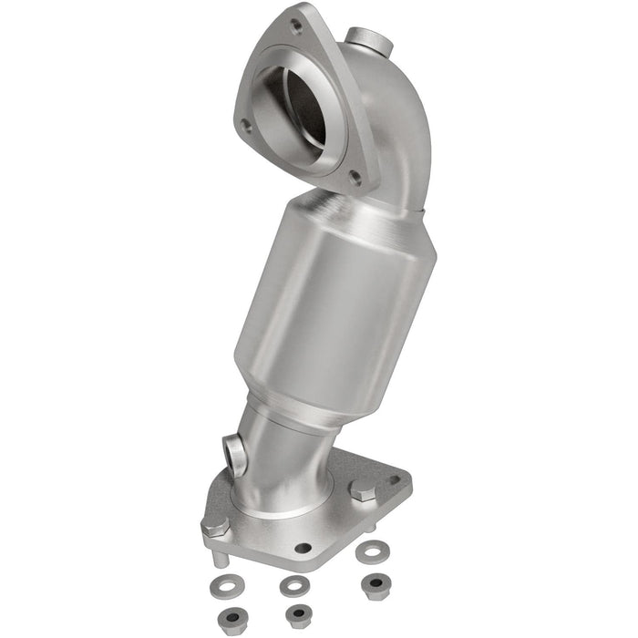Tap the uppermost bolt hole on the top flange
point(296,27)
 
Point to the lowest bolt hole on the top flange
point(355,179)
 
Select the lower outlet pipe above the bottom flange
point(283,456)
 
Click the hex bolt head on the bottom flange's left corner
point(215,527)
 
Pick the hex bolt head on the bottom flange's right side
point(362,490)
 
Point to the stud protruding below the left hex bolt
point(221,555)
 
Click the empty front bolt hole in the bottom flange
point(303,548)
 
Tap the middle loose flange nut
point(297,616)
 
